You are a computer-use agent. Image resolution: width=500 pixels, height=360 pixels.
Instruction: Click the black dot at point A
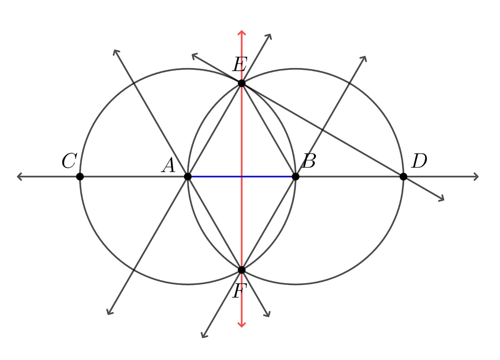pyautogui.click(x=188, y=177)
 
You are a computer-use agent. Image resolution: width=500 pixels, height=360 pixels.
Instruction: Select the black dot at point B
pyautogui.click(x=296, y=177)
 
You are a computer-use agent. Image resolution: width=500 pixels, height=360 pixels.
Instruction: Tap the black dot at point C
pyautogui.click(x=80, y=177)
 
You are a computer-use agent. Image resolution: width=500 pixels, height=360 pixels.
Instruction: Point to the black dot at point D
pyautogui.click(x=403, y=177)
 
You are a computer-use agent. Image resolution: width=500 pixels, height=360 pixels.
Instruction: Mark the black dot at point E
pyautogui.click(x=242, y=83)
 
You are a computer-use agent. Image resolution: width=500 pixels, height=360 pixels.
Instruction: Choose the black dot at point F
pyautogui.click(x=242, y=270)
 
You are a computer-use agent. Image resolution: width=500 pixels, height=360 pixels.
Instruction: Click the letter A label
pyautogui.click(x=168, y=165)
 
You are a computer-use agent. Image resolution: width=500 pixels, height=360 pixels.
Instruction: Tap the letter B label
pyautogui.click(x=309, y=161)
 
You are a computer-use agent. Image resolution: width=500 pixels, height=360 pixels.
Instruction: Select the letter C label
pyautogui.click(x=69, y=161)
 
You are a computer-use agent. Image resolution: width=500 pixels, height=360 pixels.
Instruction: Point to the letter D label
pyautogui.click(x=419, y=161)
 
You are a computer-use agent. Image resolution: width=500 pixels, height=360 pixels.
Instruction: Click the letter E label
pyautogui.click(x=240, y=64)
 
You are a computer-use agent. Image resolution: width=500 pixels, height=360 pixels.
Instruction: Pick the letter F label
pyautogui.click(x=239, y=291)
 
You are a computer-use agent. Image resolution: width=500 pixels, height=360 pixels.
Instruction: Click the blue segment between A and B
pyautogui.click(x=242, y=177)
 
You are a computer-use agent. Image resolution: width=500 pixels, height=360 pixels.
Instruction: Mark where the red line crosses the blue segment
pyautogui.click(x=242, y=177)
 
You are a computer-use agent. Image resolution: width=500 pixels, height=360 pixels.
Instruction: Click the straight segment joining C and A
pyautogui.click(x=134, y=177)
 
